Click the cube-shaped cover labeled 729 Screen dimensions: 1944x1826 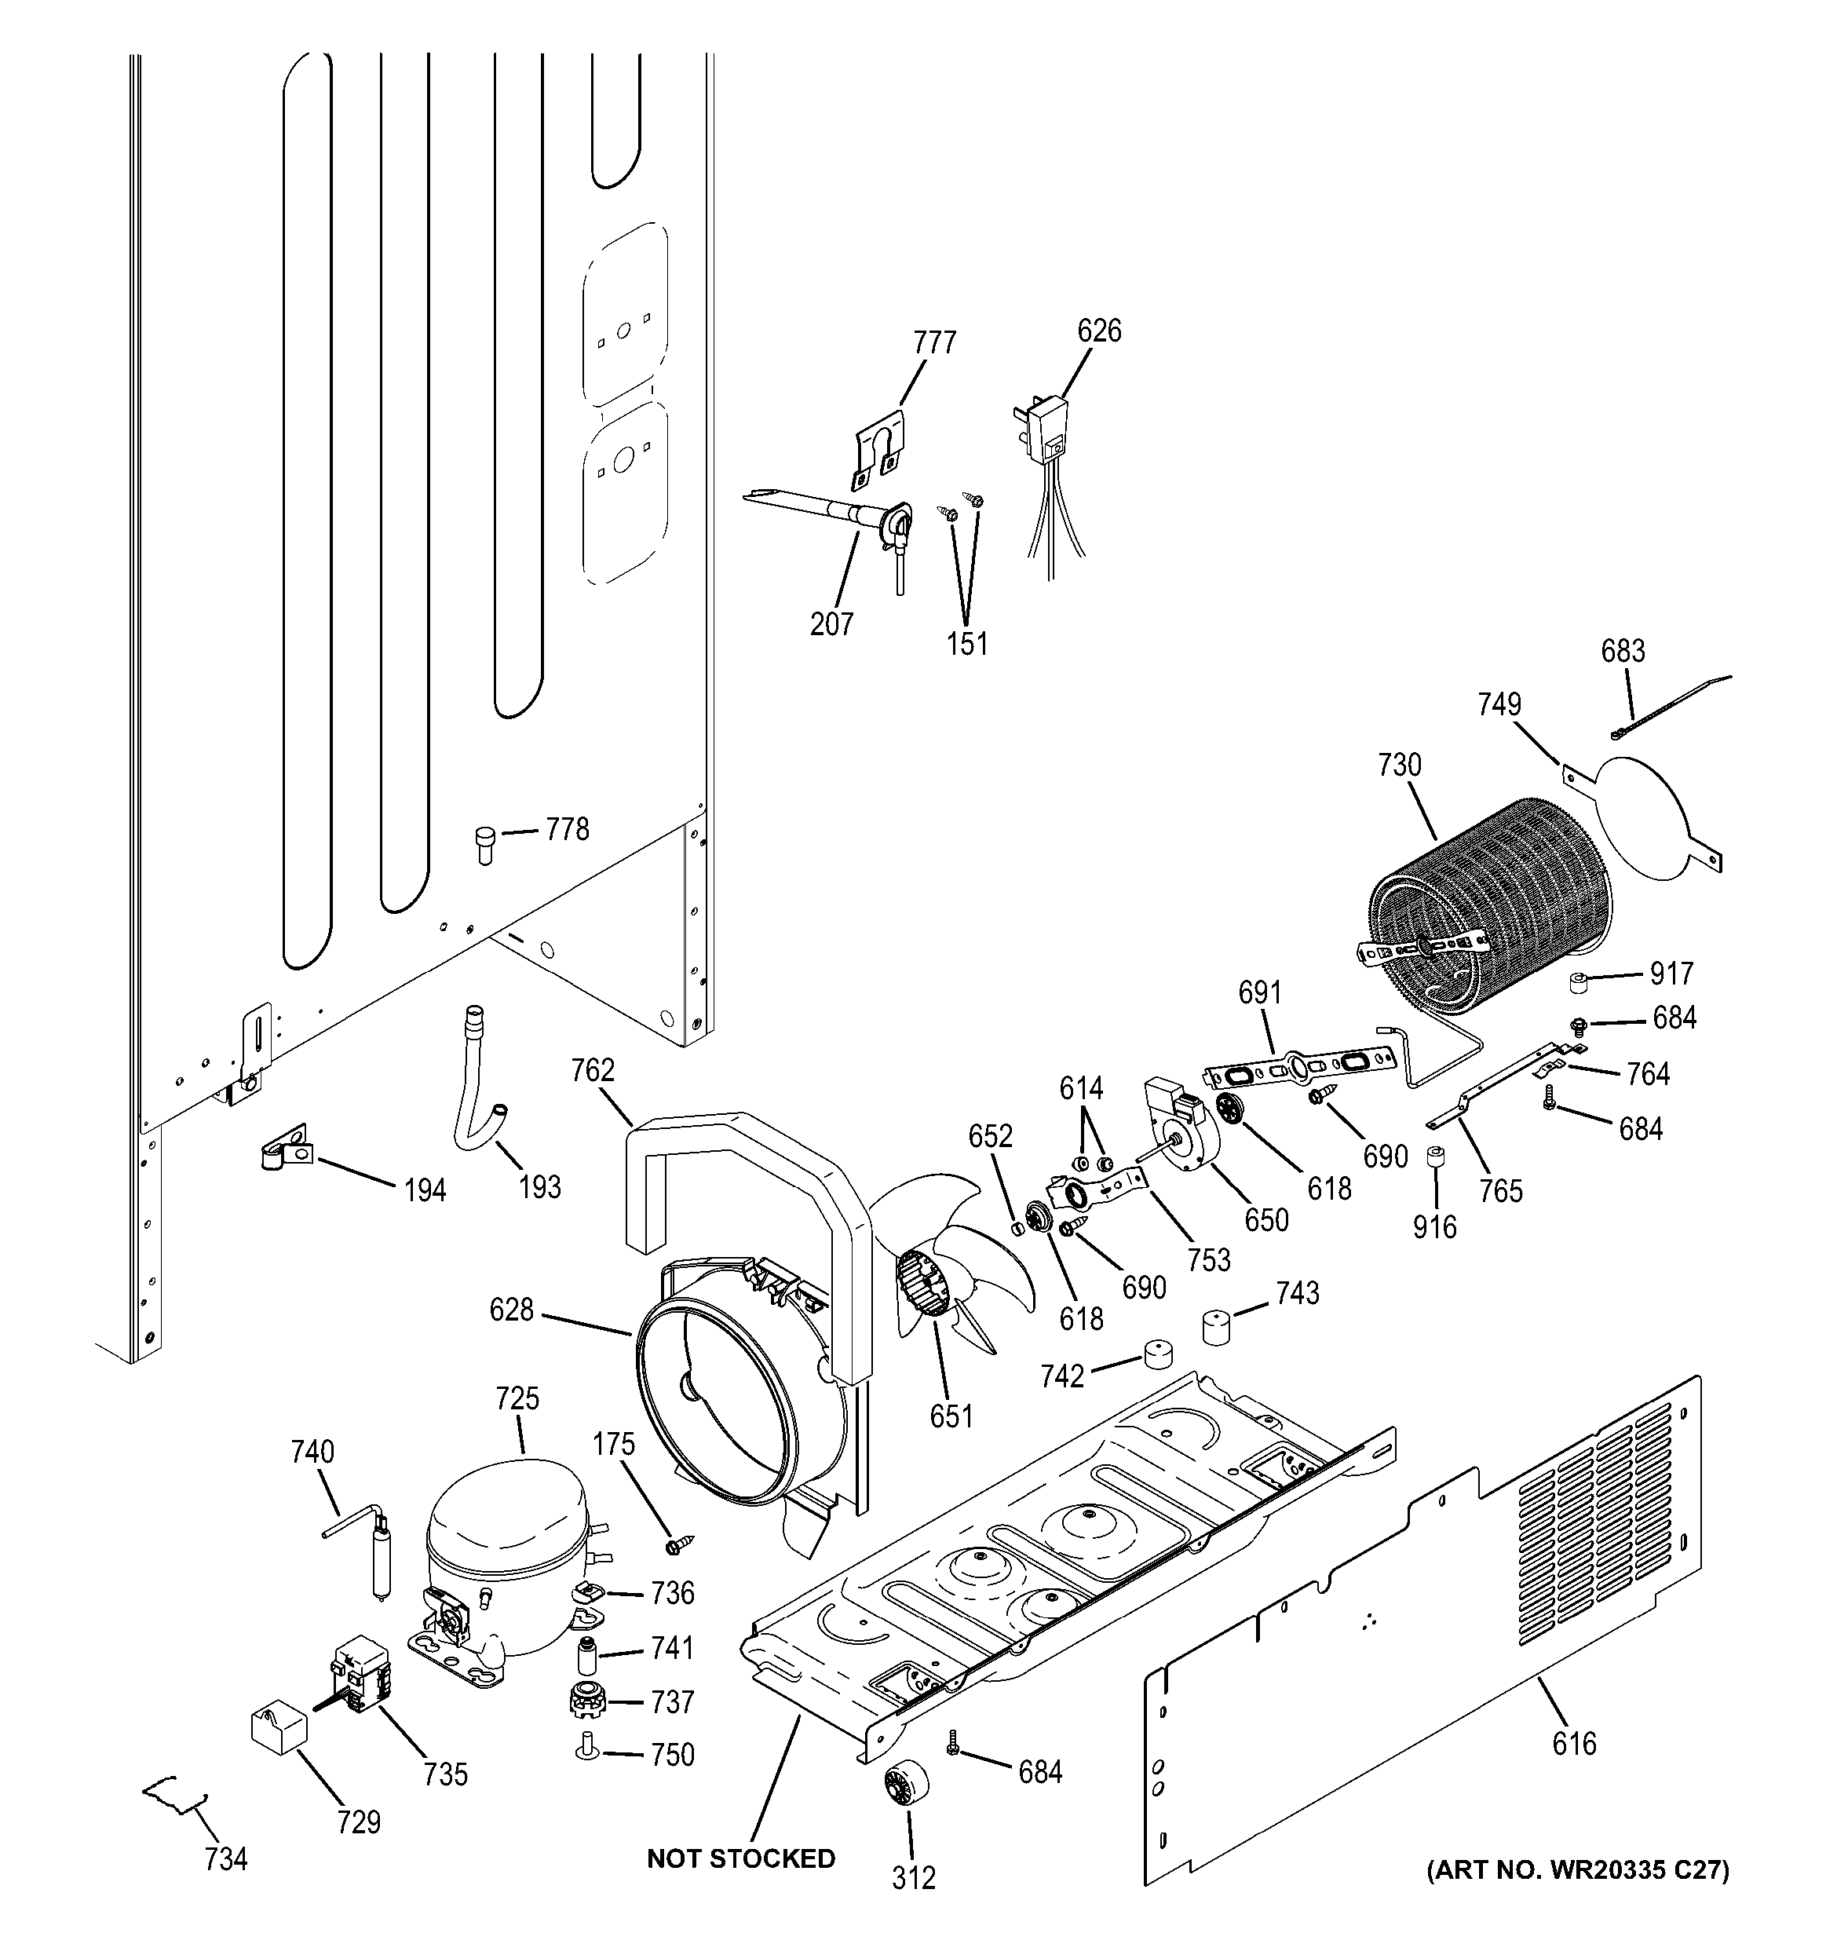278,1724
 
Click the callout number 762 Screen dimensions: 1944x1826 593,1070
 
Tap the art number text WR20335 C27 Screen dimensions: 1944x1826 1576,1869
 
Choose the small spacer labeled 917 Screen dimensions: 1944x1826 1579,981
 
